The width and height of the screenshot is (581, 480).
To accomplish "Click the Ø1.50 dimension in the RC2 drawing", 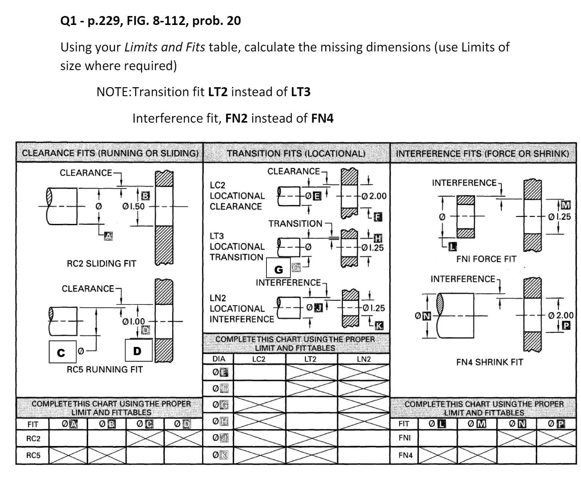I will [134, 206].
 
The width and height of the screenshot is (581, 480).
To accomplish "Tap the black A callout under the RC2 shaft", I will [108, 236].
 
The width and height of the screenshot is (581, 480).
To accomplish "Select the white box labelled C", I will [62, 352].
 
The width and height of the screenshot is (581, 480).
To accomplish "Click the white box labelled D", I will [138, 350].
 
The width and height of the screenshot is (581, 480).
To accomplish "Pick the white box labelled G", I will [278, 269].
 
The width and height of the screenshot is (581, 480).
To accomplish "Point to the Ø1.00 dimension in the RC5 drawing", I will [134, 321].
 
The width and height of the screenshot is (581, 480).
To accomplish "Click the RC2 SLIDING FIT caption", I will [102, 263].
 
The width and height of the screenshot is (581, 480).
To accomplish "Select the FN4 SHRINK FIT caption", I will [489, 362].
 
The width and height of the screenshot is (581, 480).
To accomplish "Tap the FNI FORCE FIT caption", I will [486, 259].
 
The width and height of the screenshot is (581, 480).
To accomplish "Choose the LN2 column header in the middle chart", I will [363, 359].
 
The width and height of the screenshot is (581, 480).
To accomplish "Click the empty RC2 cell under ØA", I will [68, 438].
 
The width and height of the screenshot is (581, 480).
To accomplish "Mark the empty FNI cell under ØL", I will [437, 438].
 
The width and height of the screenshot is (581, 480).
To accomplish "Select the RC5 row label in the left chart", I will [33, 455].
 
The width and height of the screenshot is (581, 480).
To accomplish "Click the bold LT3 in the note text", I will [300, 92].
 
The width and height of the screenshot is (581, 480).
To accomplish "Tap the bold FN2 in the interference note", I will [236, 118].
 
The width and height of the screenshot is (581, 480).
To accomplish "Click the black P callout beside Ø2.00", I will [566, 325].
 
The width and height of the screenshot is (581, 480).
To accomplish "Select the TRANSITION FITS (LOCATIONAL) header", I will [296, 153].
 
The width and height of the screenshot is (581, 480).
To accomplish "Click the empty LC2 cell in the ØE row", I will [259, 372].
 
